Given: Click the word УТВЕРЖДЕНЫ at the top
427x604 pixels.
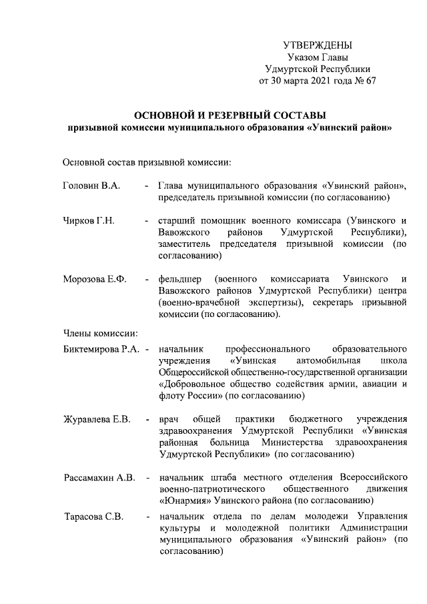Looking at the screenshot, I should click(317, 45).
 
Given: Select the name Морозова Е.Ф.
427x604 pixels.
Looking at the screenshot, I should click(94, 278).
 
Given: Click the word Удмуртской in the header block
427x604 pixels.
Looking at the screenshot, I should click(293, 69).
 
